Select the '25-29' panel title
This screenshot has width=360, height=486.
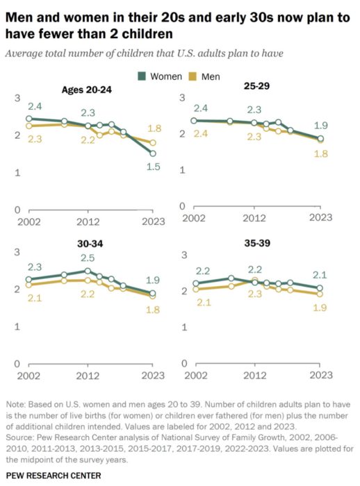coord(256,90)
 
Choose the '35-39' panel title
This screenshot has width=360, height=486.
coord(254,245)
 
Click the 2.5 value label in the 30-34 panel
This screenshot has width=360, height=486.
coord(87,259)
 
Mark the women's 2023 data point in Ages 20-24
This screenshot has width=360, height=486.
coord(154,153)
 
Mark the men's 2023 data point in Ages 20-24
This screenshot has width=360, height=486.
coord(154,142)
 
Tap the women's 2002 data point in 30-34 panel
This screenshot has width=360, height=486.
coord(28,280)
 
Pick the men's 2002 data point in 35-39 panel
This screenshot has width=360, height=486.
coord(195,289)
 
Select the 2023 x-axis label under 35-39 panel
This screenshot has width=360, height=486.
coord(320,375)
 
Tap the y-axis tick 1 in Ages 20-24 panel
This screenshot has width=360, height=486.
coord(17,172)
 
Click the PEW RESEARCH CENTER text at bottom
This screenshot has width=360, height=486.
coord(53,475)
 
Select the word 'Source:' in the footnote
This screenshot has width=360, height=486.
coord(22,439)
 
